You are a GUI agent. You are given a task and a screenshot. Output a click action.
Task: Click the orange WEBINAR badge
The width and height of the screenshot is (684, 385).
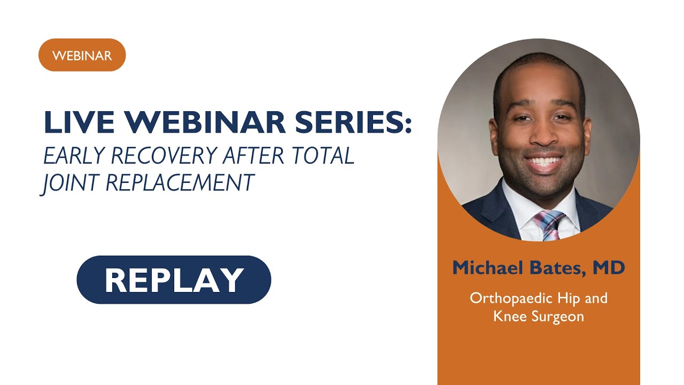tap(82, 55)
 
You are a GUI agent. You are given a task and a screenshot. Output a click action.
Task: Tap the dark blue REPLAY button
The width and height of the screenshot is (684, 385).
tap(174, 280)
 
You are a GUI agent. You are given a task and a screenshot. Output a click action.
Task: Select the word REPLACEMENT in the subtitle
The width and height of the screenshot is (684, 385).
tap(180, 183)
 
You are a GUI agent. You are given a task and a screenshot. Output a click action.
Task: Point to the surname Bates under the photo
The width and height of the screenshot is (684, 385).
tap(556, 268)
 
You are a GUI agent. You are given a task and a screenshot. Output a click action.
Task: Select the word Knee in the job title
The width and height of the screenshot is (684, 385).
tap(509, 316)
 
